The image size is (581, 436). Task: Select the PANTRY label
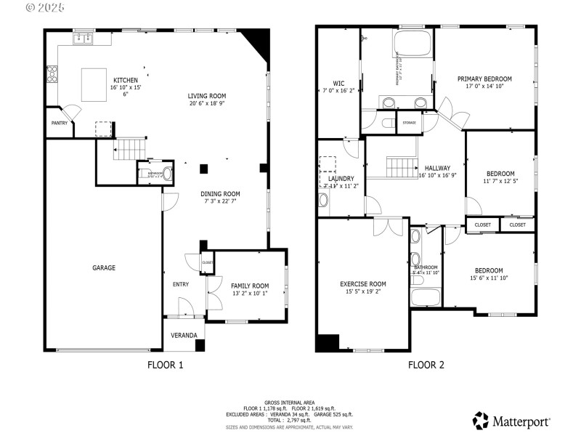(x=60, y=123)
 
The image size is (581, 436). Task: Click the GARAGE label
(x=103, y=268)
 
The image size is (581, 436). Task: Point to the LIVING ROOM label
(x=207, y=96)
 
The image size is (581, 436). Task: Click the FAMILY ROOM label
(x=250, y=286)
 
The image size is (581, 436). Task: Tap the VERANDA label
(x=184, y=335)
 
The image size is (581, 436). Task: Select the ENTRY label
(x=181, y=284)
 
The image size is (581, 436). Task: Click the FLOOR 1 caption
(x=166, y=366)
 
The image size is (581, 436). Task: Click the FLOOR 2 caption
(x=426, y=366)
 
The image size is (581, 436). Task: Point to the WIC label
(x=338, y=84)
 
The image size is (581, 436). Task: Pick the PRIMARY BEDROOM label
(x=484, y=79)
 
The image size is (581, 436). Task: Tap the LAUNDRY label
(x=341, y=178)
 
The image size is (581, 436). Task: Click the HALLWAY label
(x=438, y=168)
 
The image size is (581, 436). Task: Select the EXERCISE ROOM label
(x=363, y=284)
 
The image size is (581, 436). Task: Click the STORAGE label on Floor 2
(x=410, y=123)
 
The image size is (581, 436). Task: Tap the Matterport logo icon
(x=481, y=420)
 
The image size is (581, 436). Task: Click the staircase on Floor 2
(x=399, y=168)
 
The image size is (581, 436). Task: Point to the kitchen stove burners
(x=52, y=73)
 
